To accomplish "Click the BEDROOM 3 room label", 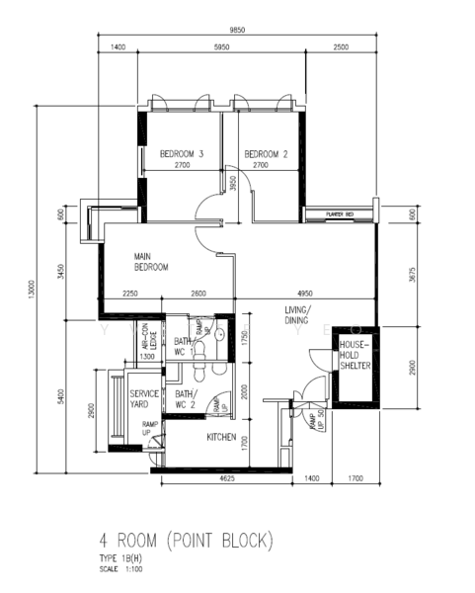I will [x=182, y=153].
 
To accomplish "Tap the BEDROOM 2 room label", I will [x=266, y=153].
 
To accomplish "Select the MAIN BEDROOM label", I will [x=151, y=261].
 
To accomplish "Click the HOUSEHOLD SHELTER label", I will [x=355, y=356].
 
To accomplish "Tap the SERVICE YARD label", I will [x=145, y=398].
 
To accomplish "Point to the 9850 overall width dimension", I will [x=237, y=31].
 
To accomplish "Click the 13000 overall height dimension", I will [x=33, y=293].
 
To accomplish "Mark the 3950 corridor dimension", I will [x=233, y=184].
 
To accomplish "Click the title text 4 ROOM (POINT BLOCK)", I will [x=186, y=541].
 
